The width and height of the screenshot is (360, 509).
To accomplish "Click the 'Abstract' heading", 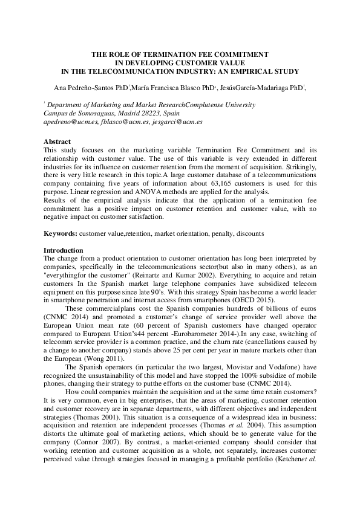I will [x=57, y=141].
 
